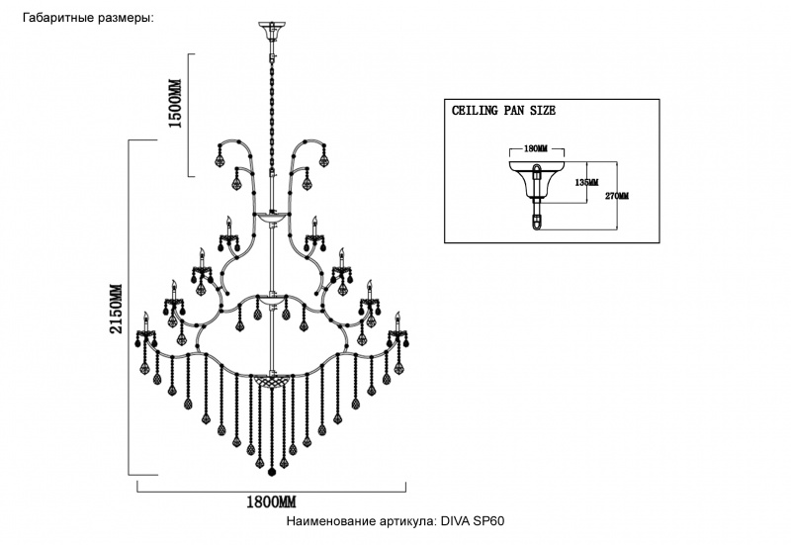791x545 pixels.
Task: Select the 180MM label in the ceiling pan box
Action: (x=534, y=148)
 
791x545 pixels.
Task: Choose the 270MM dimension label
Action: (x=616, y=196)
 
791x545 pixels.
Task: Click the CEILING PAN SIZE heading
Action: (x=503, y=111)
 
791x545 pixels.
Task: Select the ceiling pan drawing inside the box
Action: (x=535, y=188)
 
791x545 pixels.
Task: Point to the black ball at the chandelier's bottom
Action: (x=271, y=471)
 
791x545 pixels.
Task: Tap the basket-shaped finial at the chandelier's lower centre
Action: (x=270, y=378)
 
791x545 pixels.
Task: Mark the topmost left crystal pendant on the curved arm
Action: (x=223, y=156)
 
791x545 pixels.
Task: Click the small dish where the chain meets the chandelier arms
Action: (x=270, y=214)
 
